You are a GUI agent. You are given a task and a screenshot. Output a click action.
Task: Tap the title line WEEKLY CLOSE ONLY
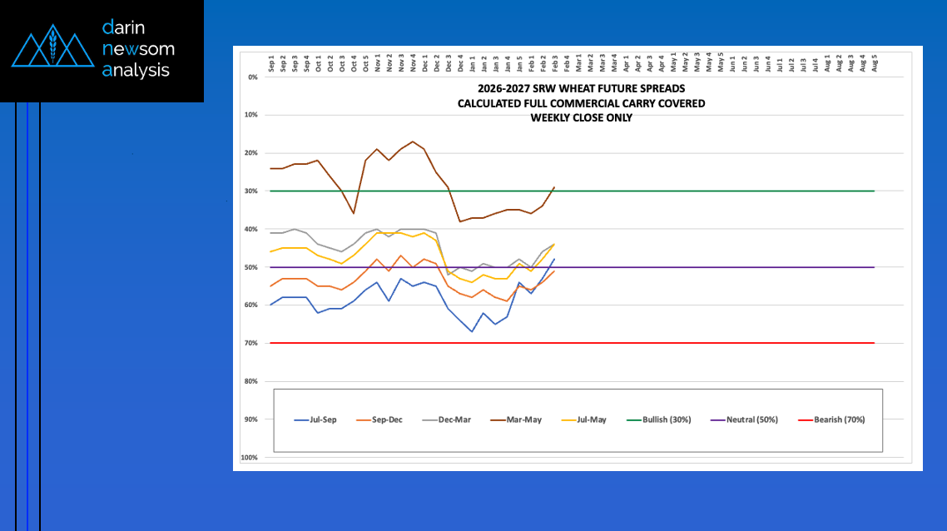[581, 117]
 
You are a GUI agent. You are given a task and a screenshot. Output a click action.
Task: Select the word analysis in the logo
[136, 71]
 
